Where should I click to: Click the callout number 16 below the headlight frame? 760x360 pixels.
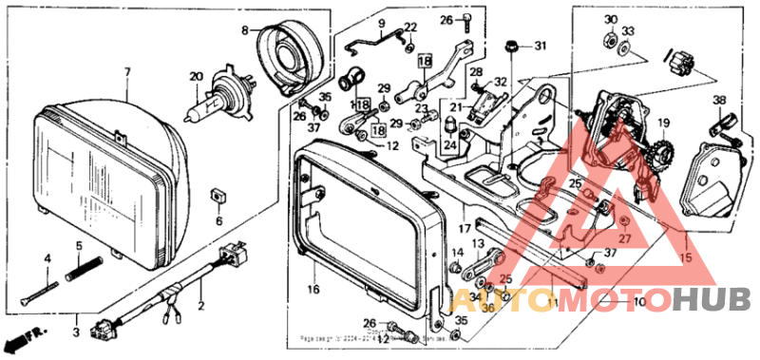click(313, 289)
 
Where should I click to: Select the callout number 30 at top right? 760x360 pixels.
click(610, 20)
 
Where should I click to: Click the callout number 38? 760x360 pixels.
click(718, 101)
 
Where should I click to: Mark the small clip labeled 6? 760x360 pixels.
click(217, 196)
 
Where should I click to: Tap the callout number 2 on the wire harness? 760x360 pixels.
click(200, 307)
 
